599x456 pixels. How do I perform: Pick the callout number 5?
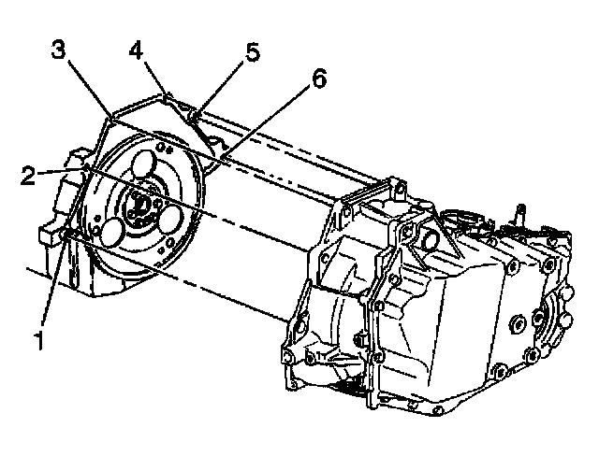(x=253, y=51)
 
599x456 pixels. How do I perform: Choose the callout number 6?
(x=319, y=79)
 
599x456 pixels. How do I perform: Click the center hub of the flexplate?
(x=141, y=202)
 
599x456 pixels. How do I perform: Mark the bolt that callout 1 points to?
(x=70, y=234)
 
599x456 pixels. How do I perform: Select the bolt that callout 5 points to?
(x=195, y=116)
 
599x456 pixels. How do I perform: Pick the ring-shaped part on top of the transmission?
(x=464, y=221)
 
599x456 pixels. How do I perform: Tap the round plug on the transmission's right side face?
(x=516, y=326)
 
